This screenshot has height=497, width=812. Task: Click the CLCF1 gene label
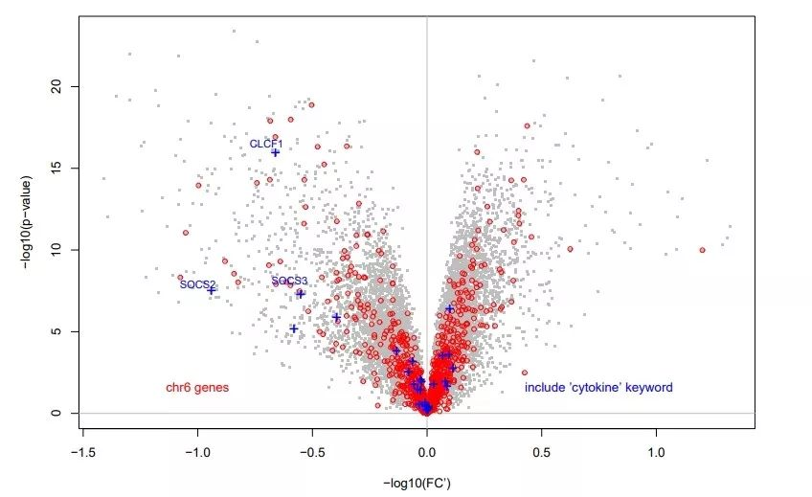(266, 144)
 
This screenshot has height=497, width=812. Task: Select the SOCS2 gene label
(197, 284)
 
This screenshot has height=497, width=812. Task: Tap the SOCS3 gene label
(288, 282)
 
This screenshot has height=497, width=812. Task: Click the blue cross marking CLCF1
(276, 152)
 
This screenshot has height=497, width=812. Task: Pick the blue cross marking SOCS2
(212, 290)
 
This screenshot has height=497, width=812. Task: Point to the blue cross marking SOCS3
(300, 294)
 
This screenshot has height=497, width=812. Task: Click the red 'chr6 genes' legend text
(197, 388)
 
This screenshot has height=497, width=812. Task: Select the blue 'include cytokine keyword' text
(598, 388)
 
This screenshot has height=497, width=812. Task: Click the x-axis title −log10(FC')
(417, 484)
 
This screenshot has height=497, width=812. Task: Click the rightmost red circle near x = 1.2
(702, 250)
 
